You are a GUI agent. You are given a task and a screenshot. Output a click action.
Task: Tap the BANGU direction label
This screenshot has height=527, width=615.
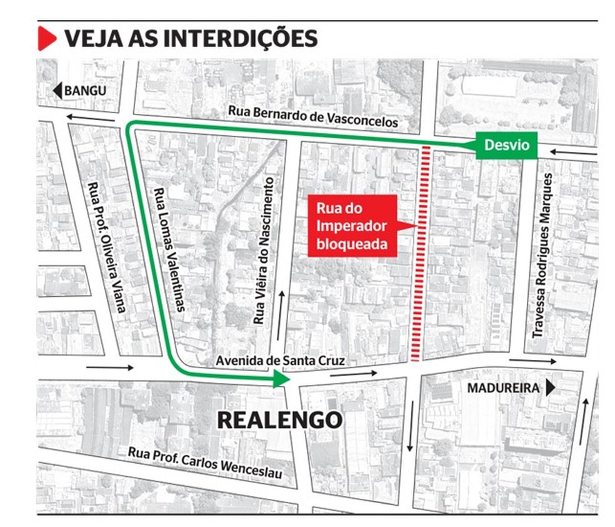coord(86,90)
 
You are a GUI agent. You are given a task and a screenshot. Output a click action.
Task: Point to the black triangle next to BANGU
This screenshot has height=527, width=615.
coord(57,91)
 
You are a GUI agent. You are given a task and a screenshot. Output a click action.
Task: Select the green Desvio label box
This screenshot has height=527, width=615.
coord(506,145)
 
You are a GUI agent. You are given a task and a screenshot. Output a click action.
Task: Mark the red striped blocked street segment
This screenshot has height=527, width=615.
coord(419,253)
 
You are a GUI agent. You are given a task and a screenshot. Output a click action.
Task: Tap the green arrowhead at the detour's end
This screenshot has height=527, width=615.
coord(282,379)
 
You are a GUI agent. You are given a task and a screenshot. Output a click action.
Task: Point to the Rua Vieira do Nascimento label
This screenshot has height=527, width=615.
coord(264,250)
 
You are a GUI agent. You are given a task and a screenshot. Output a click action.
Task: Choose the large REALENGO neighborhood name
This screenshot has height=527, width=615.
coord(279,420)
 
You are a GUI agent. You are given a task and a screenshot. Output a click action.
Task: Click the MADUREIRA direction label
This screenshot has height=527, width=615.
coord(503,388)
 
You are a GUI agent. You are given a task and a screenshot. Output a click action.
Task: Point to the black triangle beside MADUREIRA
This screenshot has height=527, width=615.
coord(550,388)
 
